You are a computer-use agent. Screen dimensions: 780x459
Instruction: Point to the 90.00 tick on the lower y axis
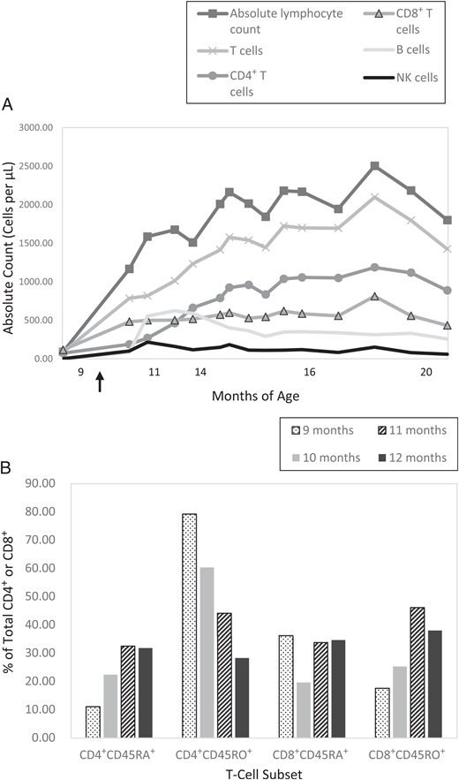42,483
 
